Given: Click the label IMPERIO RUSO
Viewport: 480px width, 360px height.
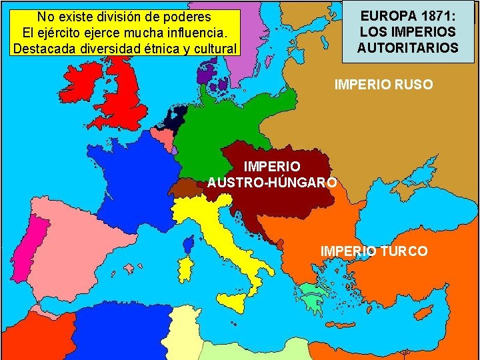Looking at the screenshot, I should coord(383,85).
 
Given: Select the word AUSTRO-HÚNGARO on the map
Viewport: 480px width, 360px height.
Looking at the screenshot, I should coord(272,181).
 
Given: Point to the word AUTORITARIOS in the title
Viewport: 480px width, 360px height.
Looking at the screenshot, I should coord(407,48).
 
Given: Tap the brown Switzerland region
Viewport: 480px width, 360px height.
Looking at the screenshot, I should coord(186,188).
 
